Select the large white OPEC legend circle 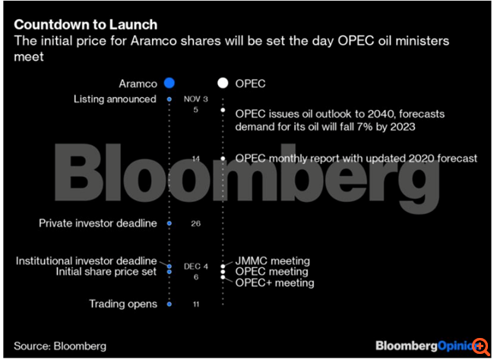[223, 84]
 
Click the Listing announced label [115, 99]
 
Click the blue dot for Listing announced [169, 99]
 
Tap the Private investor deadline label [97, 223]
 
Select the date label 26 [195, 223]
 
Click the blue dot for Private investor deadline [169, 223]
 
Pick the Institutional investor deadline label [86, 261]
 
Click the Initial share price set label [107, 271]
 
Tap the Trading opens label [122, 304]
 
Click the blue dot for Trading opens [169, 304]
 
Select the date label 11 [195, 304]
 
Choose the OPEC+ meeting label [274, 283]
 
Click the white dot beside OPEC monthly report [223, 158]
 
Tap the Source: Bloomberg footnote [60, 346]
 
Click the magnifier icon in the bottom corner [480, 346]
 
